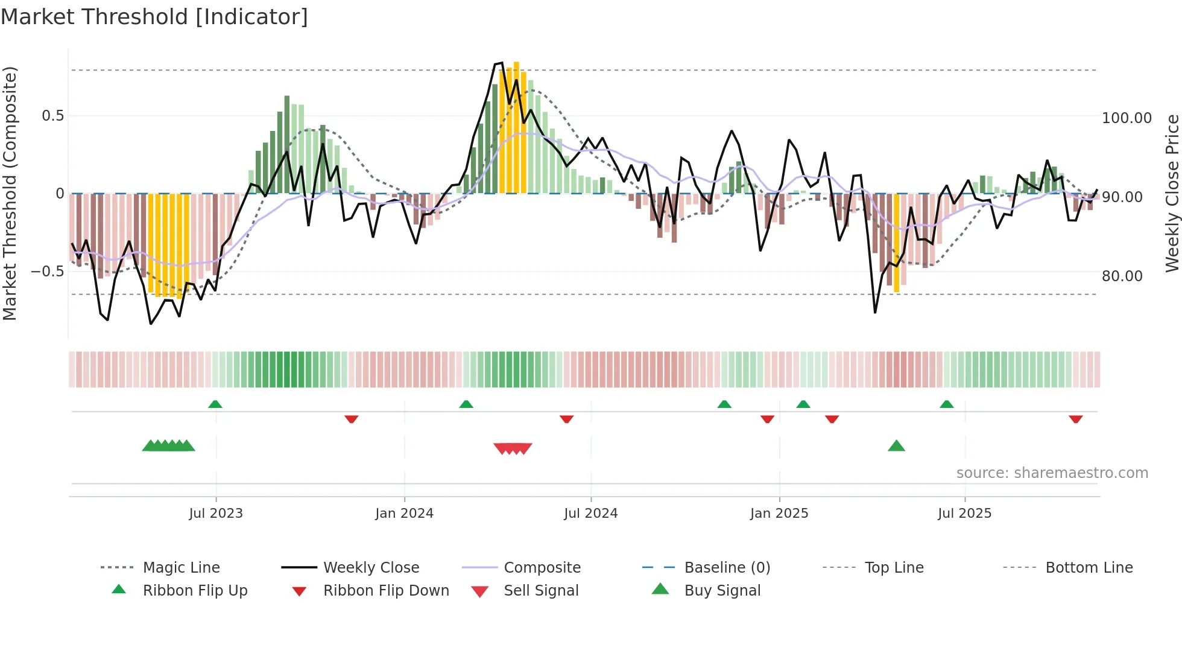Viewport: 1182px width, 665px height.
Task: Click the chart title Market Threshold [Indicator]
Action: pyautogui.click(x=154, y=17)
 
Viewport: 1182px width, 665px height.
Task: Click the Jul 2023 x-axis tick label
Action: pyautogui.click(x=215, y=513)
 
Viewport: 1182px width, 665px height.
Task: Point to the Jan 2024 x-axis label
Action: pyautogui.click(x=404, y=513)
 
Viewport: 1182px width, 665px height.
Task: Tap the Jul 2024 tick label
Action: pyautogui.click(x=590, y=513)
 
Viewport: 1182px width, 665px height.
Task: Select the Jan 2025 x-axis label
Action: pyautogui.click(x=779, y=513)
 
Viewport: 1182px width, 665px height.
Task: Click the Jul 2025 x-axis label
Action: pyautogui.click(x=964, y=513)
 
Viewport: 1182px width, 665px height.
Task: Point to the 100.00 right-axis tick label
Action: pyautogui.click(x=1126, y=118)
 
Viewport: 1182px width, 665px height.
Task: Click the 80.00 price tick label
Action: pyautogui.click(x=1122, y=276)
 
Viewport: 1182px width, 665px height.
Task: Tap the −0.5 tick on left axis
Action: pyautogui.click(x=47, y=271)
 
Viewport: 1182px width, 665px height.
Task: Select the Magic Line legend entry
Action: pyautogui.click(x=181, y=567)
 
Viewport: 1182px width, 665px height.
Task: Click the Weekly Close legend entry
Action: pyautogui.click(x=371, y=567)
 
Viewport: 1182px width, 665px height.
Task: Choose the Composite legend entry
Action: pyautogui.click(x=542, y=567)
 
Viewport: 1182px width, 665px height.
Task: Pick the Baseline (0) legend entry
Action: pyautogui.click(x=727, y=567)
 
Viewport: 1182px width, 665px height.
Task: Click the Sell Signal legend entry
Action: pyautogui.click(x=540, y=590)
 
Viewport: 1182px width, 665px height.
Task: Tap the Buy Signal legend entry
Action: pyautogui.click(x=722, y=590)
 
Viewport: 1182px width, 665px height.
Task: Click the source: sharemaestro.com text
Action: pyautogui.click(x=1052, y=473)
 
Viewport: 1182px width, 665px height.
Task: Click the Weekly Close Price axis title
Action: pyautogui.click(x=1172, y=193)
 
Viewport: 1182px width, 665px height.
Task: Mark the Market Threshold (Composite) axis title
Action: pyautogui.click(x=10, y=193)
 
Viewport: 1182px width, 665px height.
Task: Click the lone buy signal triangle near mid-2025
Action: pyautogui.click(x=896, y=446)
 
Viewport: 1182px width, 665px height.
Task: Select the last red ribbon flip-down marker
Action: pyautogui.click(x=1075, y=419)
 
